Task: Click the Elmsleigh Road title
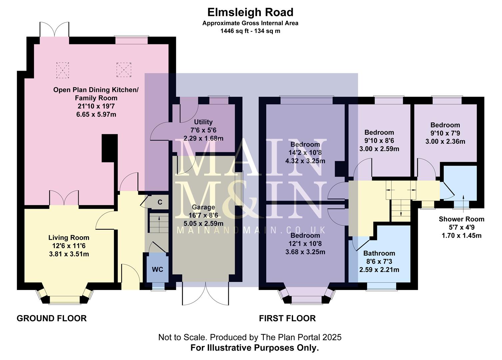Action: point(250,12)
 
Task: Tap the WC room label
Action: point(158,269)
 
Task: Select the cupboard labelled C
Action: point(160,202)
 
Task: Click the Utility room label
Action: point(203,122)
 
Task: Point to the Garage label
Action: point(203,207)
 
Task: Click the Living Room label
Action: point(69,238)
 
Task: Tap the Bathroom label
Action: point(379,253)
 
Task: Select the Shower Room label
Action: point(461,219)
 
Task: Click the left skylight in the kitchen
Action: point(63,70)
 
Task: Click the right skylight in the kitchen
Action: point(124,70)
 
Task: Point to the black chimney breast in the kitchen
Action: point(110,148)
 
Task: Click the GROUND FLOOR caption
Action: point(52,318)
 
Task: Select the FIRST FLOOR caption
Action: point(287,318)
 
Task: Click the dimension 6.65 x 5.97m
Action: point(96,115)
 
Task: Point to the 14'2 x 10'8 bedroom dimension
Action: point(305,153)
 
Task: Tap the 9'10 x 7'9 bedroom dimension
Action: point(445,133)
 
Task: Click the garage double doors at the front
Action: point(206,293)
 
